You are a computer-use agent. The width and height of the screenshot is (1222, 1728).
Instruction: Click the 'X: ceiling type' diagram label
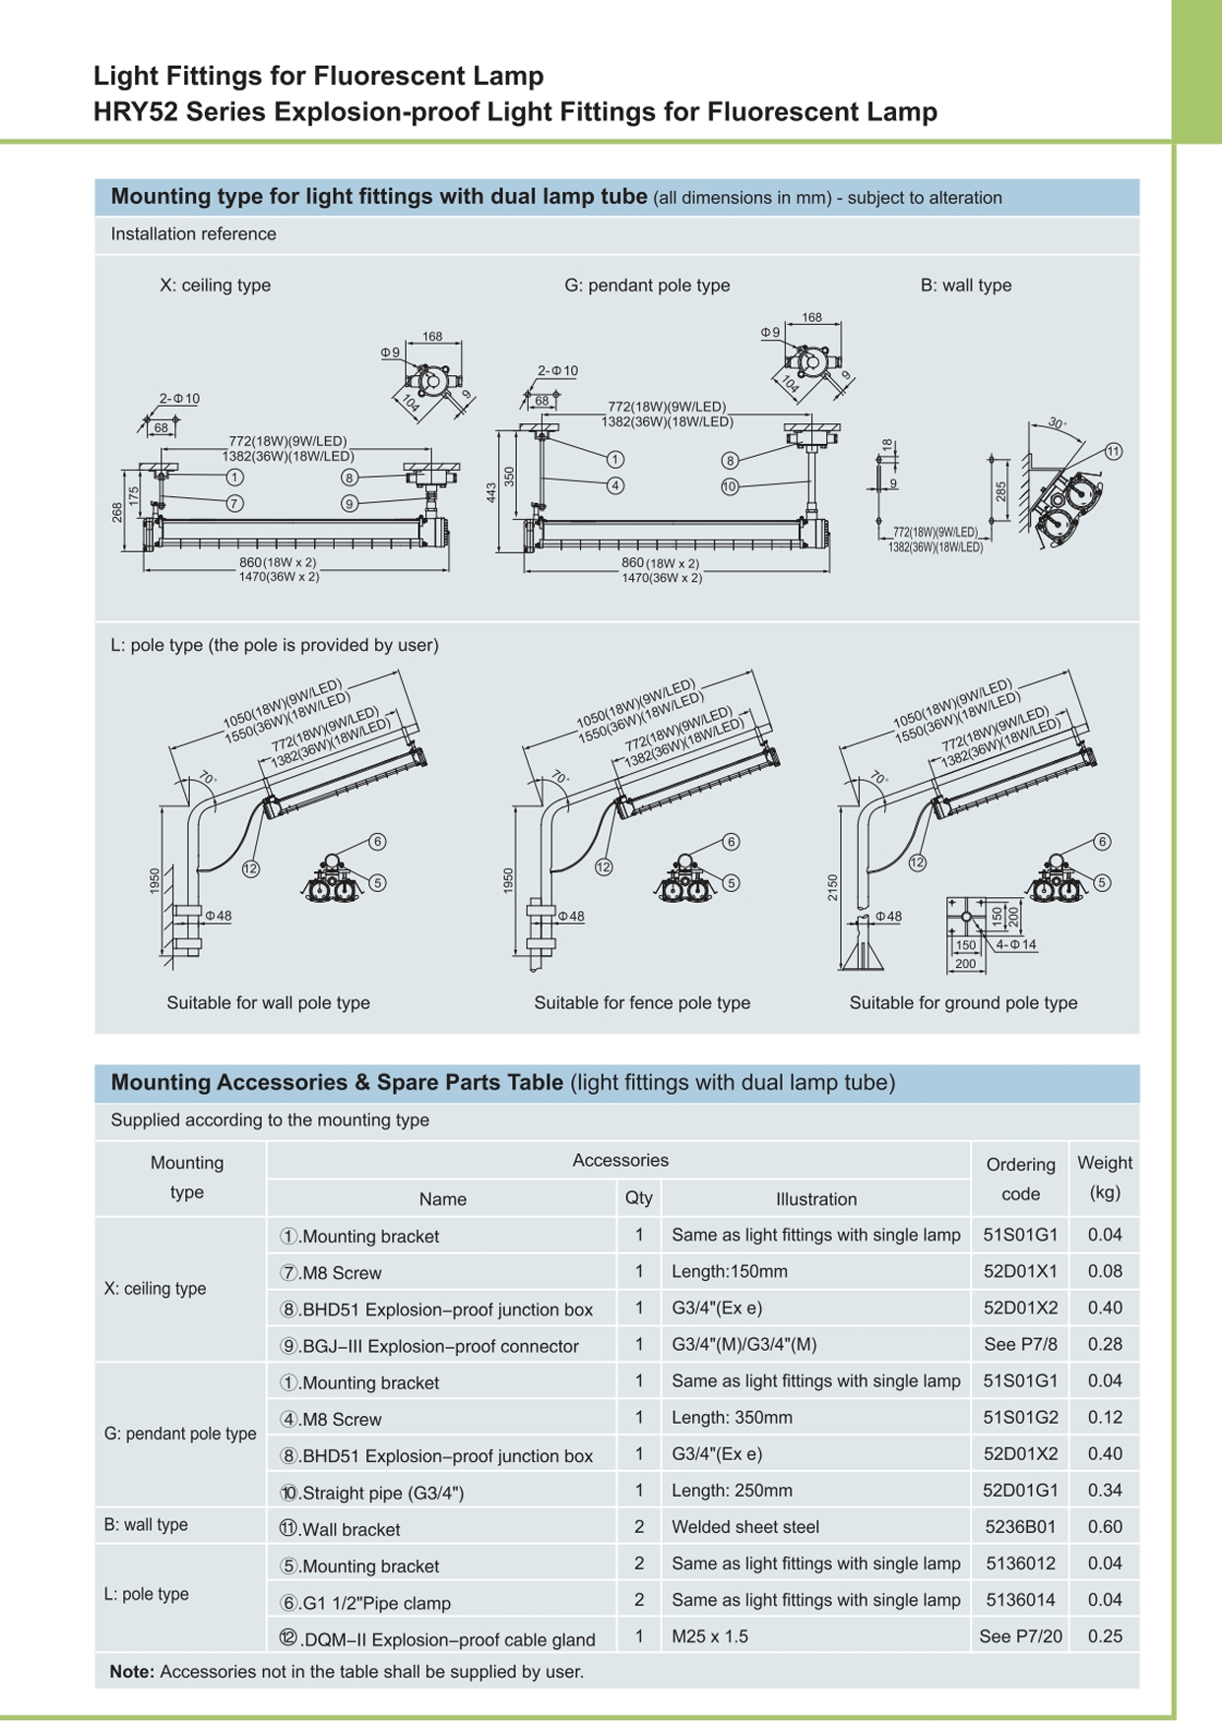(215, 286)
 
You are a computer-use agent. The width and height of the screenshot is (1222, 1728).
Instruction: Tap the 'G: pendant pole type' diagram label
(647, 286)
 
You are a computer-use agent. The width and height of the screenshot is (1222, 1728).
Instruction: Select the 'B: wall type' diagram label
(965, 286)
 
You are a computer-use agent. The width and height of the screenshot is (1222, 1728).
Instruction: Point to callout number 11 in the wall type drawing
(1113, 452)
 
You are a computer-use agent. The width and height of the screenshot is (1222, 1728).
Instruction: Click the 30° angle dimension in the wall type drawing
(1057, 423)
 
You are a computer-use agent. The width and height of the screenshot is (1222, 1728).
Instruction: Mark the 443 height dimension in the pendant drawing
(491, 492)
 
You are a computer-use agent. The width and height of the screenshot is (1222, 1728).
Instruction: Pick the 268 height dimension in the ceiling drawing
(117, 512)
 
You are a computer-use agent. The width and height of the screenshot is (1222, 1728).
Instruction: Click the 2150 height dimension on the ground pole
(833, 886)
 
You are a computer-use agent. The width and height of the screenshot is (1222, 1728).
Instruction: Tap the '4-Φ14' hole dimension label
(1015, 945)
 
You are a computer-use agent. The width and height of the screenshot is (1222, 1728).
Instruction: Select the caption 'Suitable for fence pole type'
(641, 1003)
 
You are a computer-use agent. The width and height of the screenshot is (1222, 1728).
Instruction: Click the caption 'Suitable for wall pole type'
(268, 1003)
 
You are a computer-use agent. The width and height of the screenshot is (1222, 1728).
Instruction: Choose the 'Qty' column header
(638, 1198)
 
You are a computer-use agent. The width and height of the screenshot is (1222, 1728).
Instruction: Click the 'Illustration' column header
(815, 1199)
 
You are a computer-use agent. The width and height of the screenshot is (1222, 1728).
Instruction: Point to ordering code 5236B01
(1020, 1527)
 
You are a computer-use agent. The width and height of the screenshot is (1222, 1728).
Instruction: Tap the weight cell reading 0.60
(1105, 1527)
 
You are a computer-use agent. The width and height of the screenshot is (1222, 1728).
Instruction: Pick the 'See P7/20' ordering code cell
(1020, 1636)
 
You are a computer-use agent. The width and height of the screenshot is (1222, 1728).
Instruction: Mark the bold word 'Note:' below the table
(132, 1672)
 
